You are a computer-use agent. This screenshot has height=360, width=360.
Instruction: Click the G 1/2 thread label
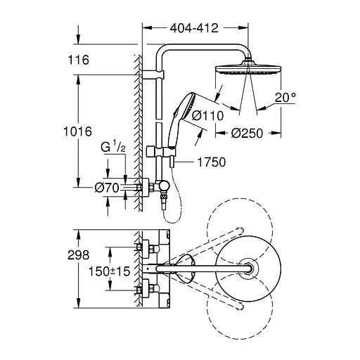point(112,148)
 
